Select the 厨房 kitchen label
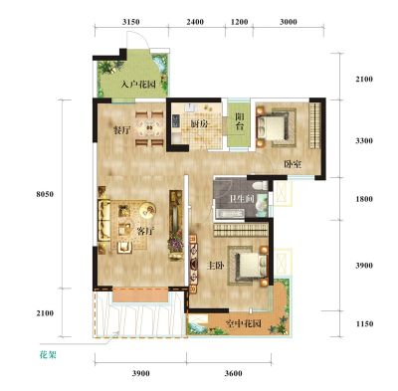(199, 124)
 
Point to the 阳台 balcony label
(240, 121)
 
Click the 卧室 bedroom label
(293, 164)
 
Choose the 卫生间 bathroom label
(242, 199)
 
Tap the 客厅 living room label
(146, 231)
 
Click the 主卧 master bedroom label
(215, 266)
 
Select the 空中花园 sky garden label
(243, 323)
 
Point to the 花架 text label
(48, 355)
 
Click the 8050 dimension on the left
(45, 194)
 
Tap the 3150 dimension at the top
(131, 22)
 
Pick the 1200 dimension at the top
(240, 22)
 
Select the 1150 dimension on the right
(364, 323)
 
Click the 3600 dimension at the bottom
(233, 373)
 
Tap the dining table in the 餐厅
(149, 127)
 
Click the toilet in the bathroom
(260, 186)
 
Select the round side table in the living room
(147, 210)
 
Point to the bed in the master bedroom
(252, 266)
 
